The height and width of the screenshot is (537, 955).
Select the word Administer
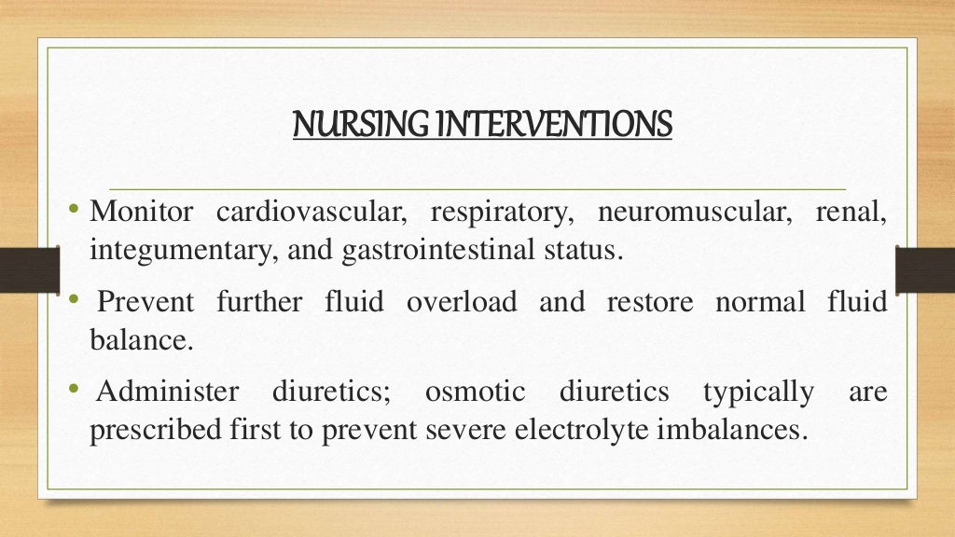[168, 392]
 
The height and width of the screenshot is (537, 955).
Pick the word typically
[757, 392]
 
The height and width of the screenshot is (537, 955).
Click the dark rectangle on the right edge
[924, 270]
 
